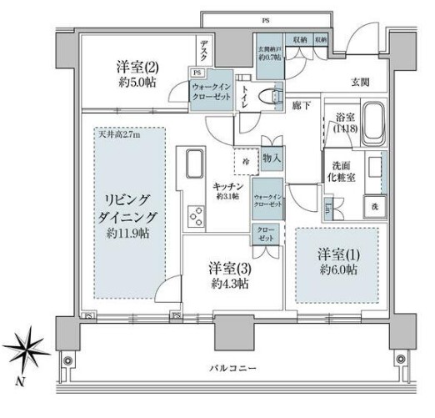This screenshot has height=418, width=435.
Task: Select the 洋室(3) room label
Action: (x=229, y=274)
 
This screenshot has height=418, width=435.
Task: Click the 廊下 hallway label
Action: (x=301, y=106)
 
